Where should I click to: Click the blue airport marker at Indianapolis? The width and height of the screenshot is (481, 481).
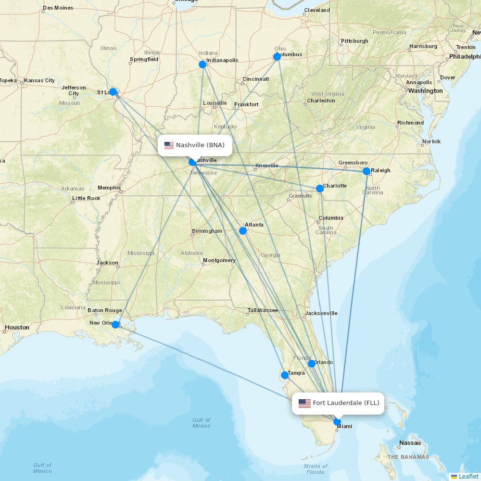203,64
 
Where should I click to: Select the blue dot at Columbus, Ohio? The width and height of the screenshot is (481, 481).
277,57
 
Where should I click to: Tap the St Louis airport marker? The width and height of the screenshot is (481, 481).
113,91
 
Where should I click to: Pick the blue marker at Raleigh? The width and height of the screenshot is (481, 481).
367,171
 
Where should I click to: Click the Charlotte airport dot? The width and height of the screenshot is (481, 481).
320,189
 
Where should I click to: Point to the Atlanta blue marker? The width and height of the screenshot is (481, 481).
243,231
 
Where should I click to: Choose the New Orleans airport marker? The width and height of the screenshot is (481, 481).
115,325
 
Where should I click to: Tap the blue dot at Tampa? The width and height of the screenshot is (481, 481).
285,375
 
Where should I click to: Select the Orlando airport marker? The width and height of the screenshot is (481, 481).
312,364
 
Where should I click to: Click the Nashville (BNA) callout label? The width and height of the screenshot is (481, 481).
195,145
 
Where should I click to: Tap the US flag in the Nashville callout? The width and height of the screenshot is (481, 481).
169,145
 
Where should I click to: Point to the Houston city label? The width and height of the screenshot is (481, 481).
17,328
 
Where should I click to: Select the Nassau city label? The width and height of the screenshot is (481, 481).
410,443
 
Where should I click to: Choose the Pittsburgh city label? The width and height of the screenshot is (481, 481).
354,41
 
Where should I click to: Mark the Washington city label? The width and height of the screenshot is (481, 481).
426,91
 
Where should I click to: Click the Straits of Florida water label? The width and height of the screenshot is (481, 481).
315,469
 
